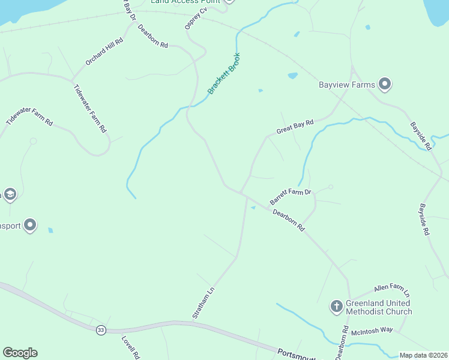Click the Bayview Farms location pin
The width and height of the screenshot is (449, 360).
tap(385, 84)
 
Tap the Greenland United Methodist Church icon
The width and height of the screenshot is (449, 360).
tap(337, 306)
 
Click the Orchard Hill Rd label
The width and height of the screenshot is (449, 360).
tap(104, 52)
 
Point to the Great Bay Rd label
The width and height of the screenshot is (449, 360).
tap(295, 127)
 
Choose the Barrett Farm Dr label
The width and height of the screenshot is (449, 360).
tap(291, 196)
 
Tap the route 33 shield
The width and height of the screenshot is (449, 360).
tap(101, 330)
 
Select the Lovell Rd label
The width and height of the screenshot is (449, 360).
tap(130, 347)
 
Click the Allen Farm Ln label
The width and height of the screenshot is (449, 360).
tap(391, 290)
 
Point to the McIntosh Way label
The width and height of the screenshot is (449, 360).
tap(372, 330)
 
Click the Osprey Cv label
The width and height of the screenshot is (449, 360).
tap(195, 19)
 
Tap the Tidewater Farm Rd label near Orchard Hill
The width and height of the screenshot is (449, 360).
tap(89, 108)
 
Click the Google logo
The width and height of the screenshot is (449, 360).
tap(20, 353)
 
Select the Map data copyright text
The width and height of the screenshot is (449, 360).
tap(423, 355)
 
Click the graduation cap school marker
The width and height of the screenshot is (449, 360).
tap(10, 194)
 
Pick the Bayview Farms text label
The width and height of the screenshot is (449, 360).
tap(347, 85)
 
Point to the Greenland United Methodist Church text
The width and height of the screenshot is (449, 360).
tap(379, 307)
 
